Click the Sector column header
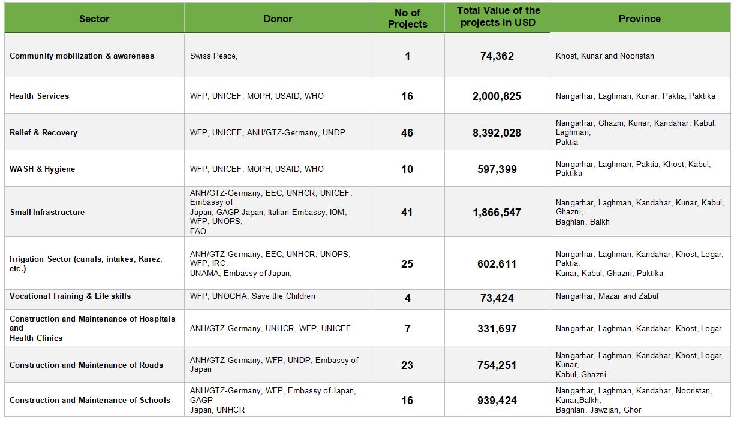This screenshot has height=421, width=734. click(x=94, y=19)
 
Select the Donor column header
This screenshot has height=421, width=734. click(x=278, y=19)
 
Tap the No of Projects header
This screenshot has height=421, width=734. click(x=407, y=19)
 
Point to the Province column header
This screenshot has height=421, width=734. click(x=640, y=19)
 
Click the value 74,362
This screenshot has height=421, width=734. click(x=497, y=56)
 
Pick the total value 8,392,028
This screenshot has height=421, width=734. click(x=497, y=133)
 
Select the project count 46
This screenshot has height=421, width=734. click(x=407, y=133)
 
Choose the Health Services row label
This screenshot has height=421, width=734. click(x=40, y=96)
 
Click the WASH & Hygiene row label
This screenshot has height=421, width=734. click(x=42, y=169)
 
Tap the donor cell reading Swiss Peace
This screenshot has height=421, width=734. click(x=213, y=56)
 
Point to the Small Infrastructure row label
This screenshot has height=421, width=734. click(x=47, y=213)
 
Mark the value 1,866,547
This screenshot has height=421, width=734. click(x=497, y=213)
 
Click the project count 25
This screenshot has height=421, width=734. click(x=407, y=264)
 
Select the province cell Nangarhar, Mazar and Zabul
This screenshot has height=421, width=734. click(x=607, y=296)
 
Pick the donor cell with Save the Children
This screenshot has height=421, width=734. click(x=252, y=296)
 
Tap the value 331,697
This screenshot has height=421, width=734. click(x=497, y=328)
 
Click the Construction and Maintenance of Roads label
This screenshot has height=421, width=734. click(x=86, y=365)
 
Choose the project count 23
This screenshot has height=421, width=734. click(x=407, y=365)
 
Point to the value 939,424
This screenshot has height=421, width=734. click(x=497, y=401)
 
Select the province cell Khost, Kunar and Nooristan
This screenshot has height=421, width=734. click(x=605, y=56)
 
